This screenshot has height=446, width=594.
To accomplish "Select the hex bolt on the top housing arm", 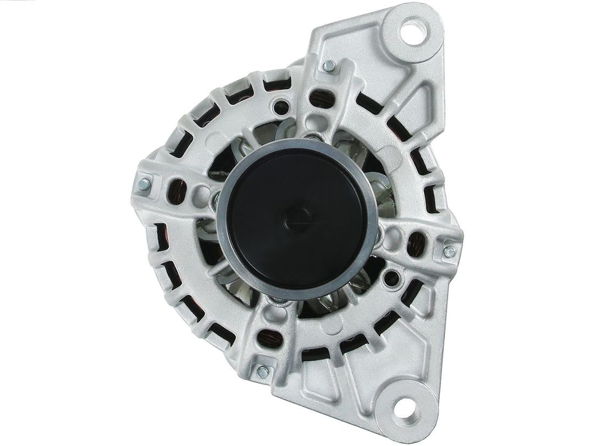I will [x=329, y=67].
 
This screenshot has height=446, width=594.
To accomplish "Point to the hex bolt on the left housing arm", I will [x=145, y=184].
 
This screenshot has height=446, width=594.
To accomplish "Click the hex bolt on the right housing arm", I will [x=449, y=252].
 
